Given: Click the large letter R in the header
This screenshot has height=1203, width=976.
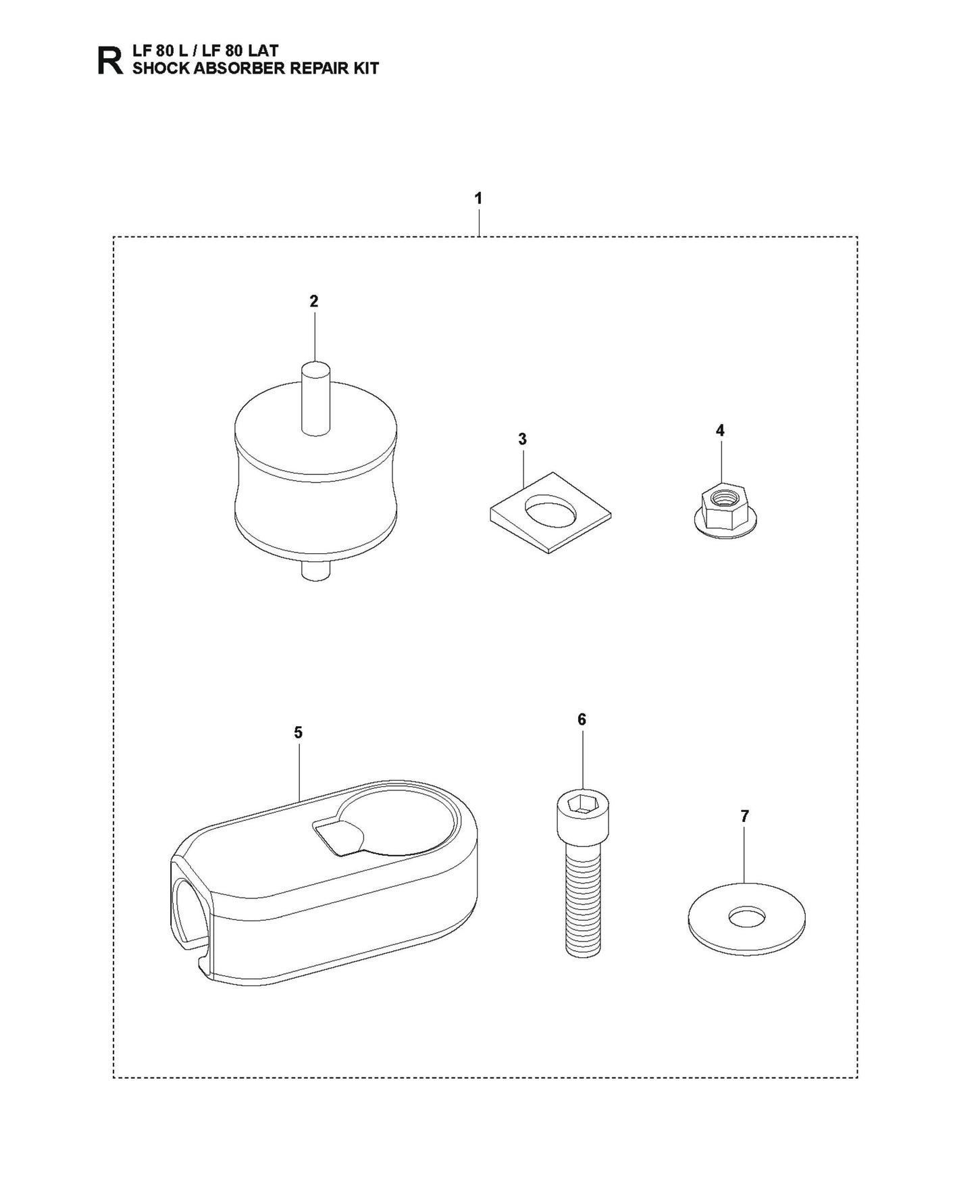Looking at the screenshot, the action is click(x=111, y=59).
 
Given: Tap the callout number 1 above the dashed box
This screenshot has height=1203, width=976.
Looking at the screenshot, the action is click(x=478, y=199).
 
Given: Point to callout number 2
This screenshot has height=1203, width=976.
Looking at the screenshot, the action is click(x=313, y=301).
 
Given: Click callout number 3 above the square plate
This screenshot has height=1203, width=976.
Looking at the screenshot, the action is click(x=522, y=439).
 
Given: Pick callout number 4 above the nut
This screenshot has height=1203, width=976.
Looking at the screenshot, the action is click(x=720, y=430).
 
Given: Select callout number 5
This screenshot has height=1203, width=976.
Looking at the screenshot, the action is click(x=298, y=732).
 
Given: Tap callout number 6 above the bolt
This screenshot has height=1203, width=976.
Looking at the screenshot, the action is click(x=582, y=719).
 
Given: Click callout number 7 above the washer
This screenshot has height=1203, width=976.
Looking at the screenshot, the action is click(x=744, y=816).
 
